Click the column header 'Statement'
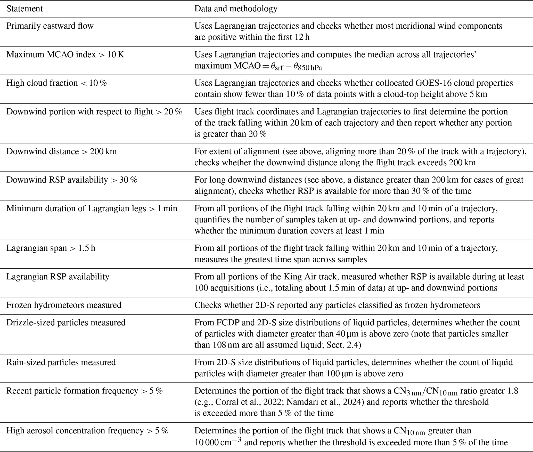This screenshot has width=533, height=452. click(24, 9)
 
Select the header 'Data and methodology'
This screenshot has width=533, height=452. click(236, 9)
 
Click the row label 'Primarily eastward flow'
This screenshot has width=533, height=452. click(50, 26)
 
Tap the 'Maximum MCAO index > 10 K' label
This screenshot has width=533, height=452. click(65, 54)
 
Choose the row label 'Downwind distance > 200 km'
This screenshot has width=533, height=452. click(61, 151)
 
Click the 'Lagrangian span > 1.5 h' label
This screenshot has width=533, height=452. click(51, 248)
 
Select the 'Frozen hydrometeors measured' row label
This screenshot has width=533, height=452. click(64, 305)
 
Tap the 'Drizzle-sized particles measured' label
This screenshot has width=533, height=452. click(66, 322)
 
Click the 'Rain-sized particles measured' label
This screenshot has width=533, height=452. click(61, 362)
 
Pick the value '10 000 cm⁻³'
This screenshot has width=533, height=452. click(218, 442)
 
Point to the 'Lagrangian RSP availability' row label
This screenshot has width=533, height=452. click(58, 277)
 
